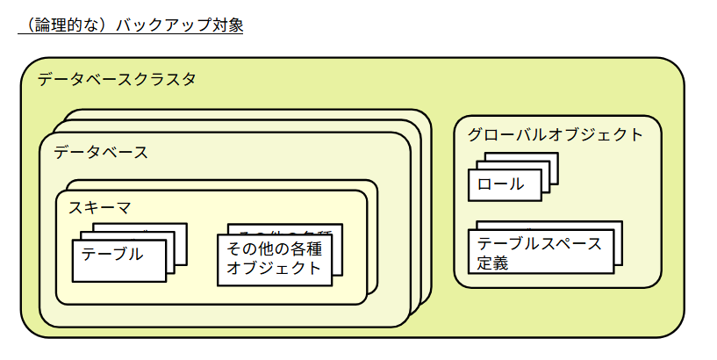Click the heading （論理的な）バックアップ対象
click(130, 25)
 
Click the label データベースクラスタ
click(117, 79)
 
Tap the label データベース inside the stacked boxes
click(101, 152)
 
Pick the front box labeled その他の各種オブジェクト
click(275, 259)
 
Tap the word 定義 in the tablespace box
click(493, 263)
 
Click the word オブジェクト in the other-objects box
click(275, 269)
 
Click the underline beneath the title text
click(130, 34)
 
